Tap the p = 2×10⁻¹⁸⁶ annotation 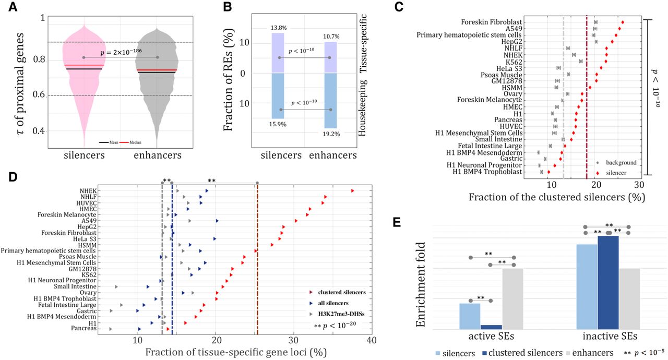click(121, 52)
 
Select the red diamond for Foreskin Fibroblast click(623, 22)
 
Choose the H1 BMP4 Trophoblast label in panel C click(486, 172)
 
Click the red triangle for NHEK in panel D click(353, 191)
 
